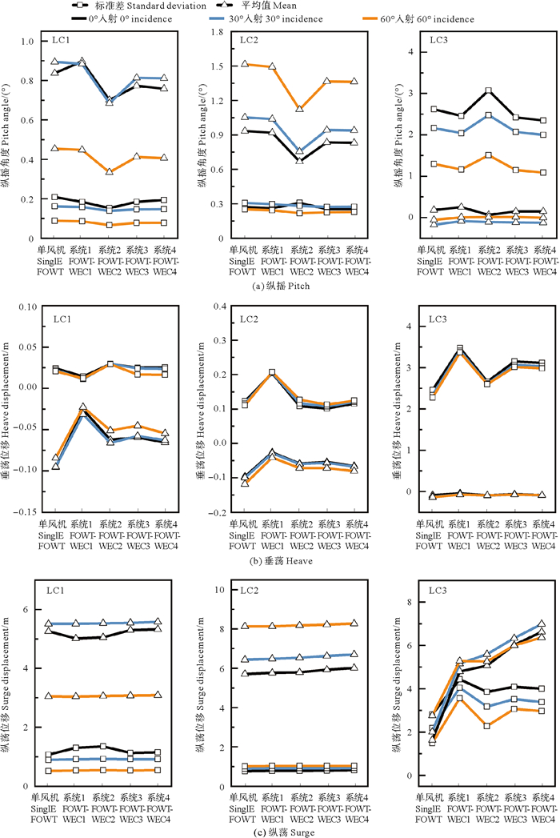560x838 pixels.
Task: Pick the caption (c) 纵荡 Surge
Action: [280, 832]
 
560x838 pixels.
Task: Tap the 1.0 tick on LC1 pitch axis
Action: [26, 42]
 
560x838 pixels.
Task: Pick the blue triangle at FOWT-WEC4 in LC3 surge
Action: [542, 623]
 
